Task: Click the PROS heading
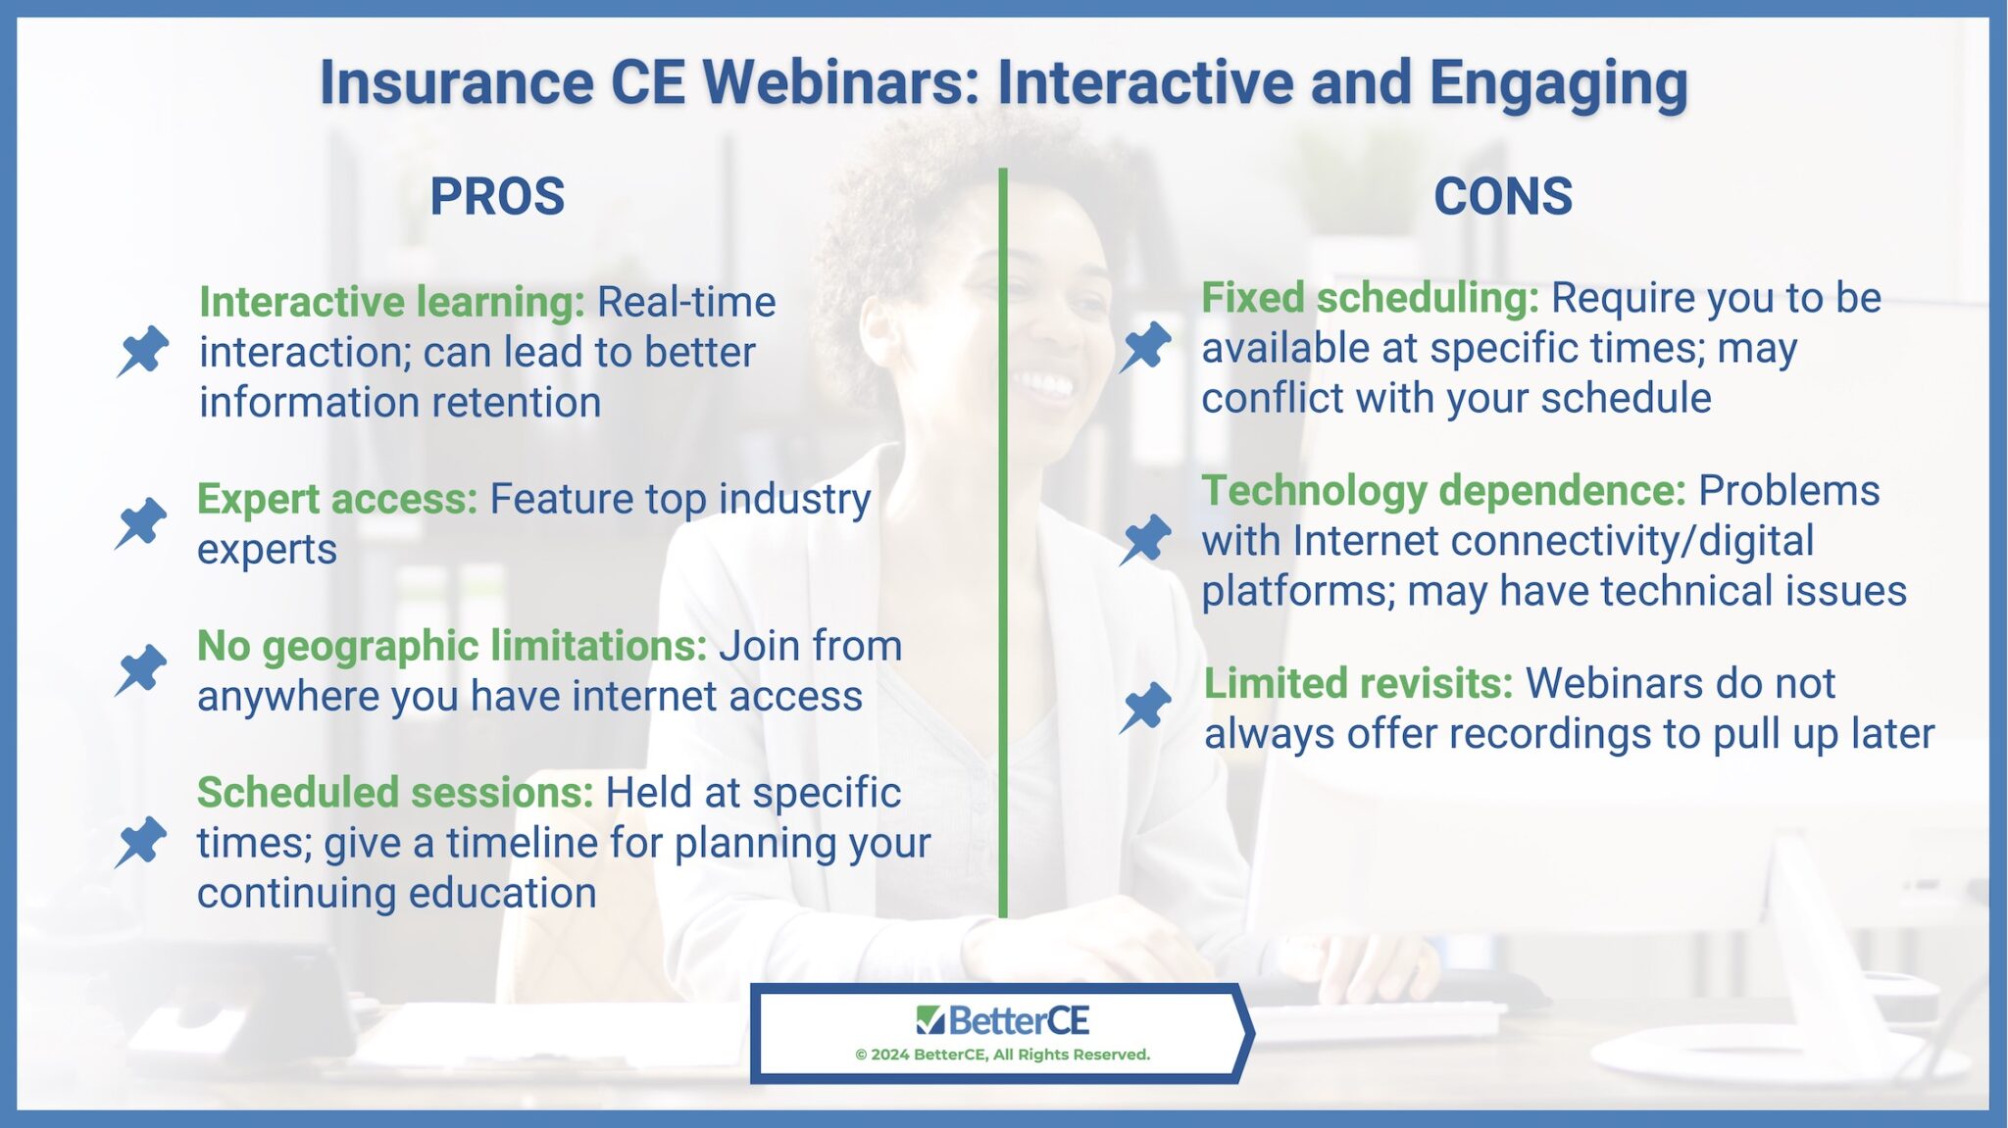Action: click(x=497, y=197)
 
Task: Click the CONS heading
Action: click(x=1502, y=197)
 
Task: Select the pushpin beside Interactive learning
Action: click(x=143, y=351)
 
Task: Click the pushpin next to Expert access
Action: click(x=141, y=523)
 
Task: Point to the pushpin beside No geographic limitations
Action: click(x=141, y=670)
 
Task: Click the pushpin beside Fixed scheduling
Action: click(x=1145, y=347)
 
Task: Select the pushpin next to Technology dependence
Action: click(x=1145, y=540)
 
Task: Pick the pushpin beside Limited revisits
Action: click(x=1145, y=708)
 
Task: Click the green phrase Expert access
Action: click(x=337, y=500)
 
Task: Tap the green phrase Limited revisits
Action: click(x=1358, y=684)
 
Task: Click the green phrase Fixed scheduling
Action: click(x=1370, y=299)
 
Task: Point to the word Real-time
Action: click(x=685, y=302)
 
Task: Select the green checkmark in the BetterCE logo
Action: click(x=929, y=1020)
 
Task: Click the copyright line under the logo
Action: click(x=1002, y=1054)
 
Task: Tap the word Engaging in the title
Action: click(x=1558, y=82)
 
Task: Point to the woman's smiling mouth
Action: click(x=1045, y=383)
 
